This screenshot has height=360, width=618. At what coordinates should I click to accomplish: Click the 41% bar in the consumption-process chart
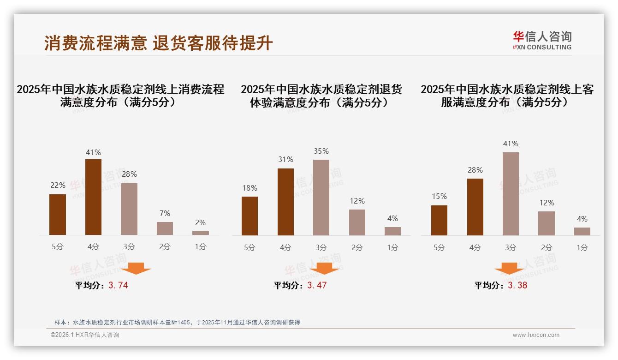[x=93, y=197]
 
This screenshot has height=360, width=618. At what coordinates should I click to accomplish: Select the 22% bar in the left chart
[x=58, y=215]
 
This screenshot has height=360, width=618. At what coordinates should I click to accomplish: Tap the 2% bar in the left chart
[x=201, y=233]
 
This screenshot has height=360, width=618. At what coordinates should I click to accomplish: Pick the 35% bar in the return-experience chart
[x=321, y=198]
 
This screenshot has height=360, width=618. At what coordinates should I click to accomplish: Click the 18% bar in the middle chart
[x=250, y=216]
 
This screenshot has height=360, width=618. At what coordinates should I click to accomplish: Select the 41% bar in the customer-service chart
[x=511, y=194]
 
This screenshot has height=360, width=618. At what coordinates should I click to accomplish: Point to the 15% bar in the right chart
[x=439, y=220]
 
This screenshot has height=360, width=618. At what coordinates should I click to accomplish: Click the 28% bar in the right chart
[x=475, y=207]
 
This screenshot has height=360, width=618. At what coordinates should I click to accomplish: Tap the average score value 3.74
[x=118, y=285]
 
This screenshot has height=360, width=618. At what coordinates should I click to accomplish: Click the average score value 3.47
[x=317, y=285]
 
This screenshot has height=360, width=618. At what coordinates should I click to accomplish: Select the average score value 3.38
[x=517, y=285]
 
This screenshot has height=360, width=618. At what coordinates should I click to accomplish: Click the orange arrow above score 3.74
[x=136, y=268]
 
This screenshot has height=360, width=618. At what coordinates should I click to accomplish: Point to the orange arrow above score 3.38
[x=509, y=268]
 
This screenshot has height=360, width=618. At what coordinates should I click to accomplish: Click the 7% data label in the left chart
[x=165, y=213]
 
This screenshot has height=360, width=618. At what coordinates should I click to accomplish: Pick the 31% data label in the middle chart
[x=285, y=160]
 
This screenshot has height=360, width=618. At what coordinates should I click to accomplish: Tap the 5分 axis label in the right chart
[x=439, y=247]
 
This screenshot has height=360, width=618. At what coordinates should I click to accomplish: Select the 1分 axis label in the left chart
[x=201, y=246]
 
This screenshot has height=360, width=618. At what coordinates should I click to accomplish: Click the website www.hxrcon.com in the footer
[x=536, y=335]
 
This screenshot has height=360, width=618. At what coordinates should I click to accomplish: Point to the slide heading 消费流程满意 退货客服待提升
[x=159, y=43]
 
